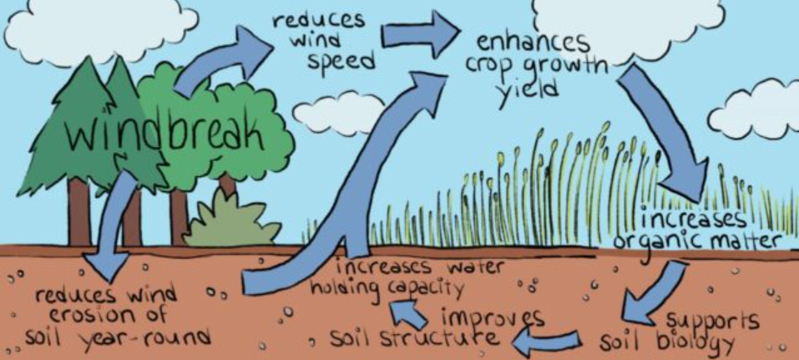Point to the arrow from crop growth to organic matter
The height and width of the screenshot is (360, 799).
click(661, 132)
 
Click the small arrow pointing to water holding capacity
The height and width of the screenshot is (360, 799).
click(408, 313)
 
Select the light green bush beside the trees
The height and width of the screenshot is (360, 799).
click(232, 221)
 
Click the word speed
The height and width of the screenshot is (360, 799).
click(341, 62)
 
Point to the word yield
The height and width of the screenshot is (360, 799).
click(528, 92)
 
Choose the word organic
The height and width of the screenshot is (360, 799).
click(652, 242)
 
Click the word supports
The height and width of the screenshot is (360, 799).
click(712, 322)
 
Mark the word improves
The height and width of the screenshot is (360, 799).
click(493, 318)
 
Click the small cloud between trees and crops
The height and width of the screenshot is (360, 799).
click(338, 114)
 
